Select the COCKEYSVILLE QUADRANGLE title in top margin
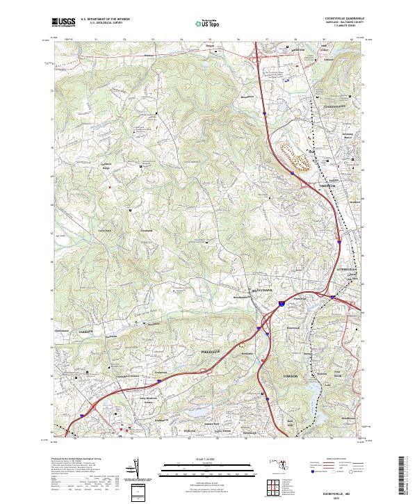pyautogui.click(x=338, y=19)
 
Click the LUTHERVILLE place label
pyautogui.click(x=345, y=268)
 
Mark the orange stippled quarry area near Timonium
pyautogui.click(x=295, y=156)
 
